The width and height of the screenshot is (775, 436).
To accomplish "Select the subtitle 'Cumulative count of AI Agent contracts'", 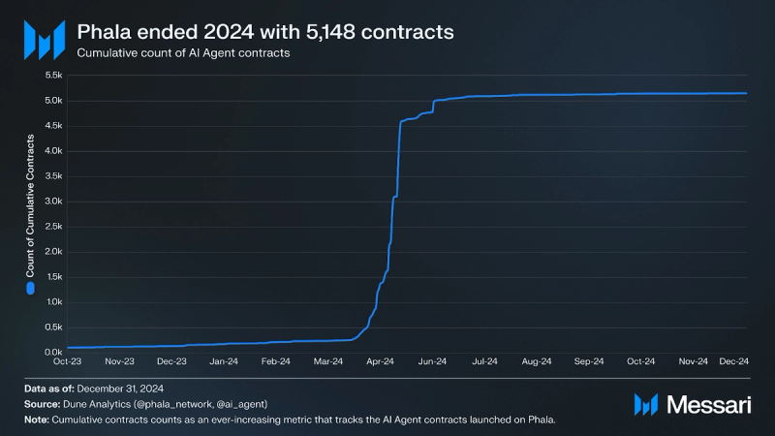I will click(184, 53).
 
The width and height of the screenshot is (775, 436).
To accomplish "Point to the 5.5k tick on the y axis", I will click(51, 76).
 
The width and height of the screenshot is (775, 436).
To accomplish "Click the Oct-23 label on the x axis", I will click(67, 362).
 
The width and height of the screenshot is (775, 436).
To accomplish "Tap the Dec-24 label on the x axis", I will click(731, 362).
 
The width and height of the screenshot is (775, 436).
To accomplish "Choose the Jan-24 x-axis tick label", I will click(224, 362).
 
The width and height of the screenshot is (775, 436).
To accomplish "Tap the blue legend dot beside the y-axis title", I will click(31, 288).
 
